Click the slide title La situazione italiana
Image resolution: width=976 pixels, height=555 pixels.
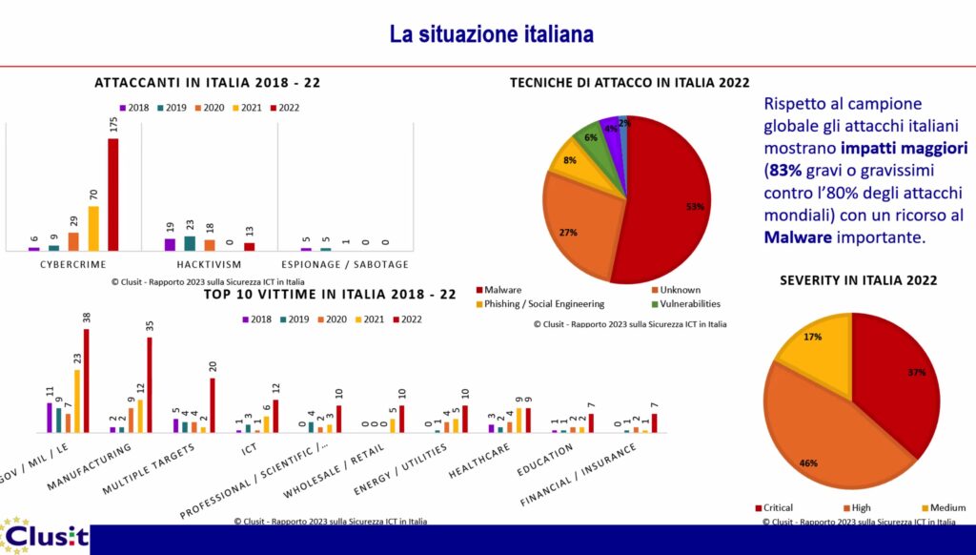click(491, 35)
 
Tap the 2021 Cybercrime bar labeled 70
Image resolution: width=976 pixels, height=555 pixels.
click(93, 228)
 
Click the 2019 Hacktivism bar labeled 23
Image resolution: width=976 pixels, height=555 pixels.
click(190, 243)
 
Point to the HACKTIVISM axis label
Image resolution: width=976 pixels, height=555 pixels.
click(209, 264)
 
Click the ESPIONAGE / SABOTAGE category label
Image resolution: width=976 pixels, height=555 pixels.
click(345, 264)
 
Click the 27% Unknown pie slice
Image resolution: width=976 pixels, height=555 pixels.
click(581, 229)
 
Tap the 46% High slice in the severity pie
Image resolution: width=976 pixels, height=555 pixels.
click(810, 429)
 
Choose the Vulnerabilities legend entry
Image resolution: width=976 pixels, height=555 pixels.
click(686, 304)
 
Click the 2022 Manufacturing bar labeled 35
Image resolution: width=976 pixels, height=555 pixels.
click(150, 385)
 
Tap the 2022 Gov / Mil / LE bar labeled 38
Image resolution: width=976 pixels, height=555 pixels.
click(87, 380)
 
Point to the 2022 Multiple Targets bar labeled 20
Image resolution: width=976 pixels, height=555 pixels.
click(213, 405)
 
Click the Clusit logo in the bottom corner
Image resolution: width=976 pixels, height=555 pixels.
click(44, 537)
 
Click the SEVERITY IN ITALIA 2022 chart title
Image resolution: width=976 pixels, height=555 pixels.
click(858, 280)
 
